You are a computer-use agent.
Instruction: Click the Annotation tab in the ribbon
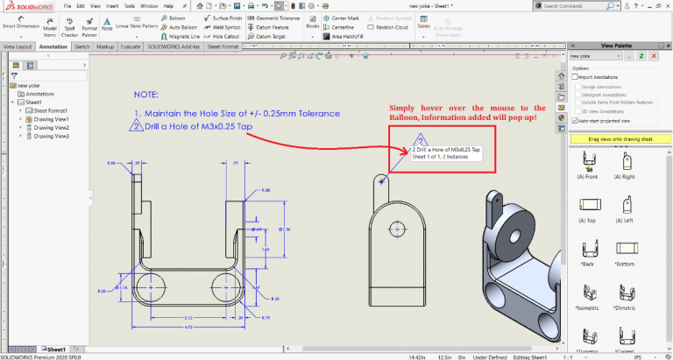tap(53, 46)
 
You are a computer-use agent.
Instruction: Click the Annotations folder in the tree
tap(39, 93)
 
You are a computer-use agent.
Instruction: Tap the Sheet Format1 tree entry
tap(50, 110)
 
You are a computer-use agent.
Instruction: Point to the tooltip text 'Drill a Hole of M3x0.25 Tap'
tap(446, 150)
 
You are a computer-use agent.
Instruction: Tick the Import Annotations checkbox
tap(574, 76)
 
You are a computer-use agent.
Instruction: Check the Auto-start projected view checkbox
tap(574, 120)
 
